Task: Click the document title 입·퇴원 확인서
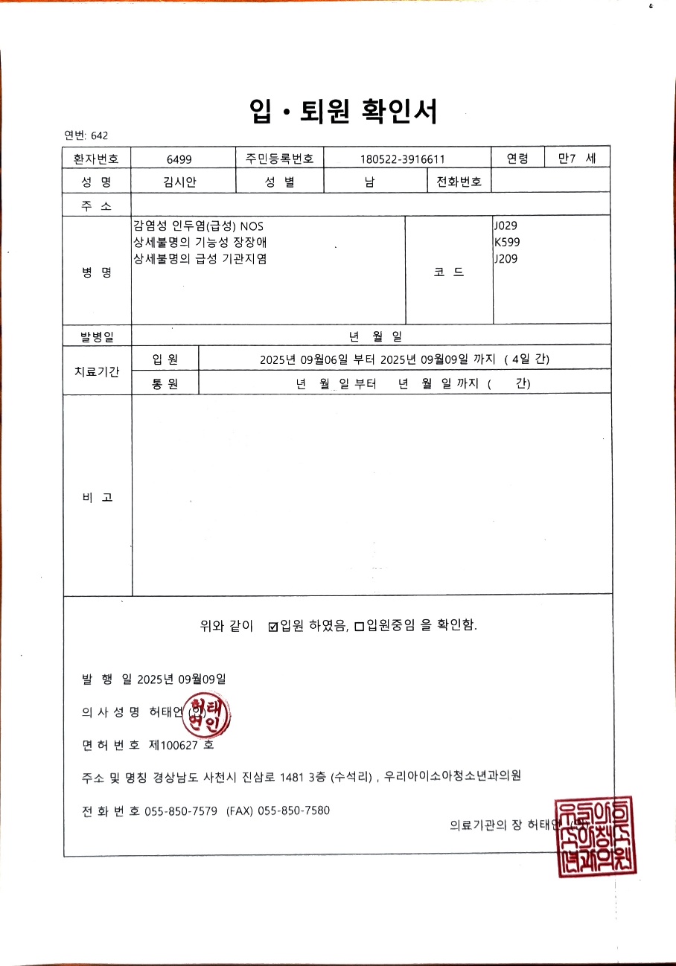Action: [x=343, y=112]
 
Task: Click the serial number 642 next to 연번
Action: [x=100, y=135]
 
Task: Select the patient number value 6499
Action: [x=179, y=159]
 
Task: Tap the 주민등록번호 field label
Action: [x=279, y=159]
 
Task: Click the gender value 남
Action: [x=369, y=182]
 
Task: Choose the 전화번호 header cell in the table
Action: [x=459, y=182]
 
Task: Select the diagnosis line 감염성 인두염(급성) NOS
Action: [x=198, y=225]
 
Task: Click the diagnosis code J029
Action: [x=506, y=225]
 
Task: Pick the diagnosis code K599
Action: [x=506, y=242]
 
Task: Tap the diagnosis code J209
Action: [x=506, y=258]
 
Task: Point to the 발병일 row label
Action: [x=97, y=337]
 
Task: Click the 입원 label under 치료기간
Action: [x=165, y=359]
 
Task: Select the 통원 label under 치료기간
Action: [x=165, y=384]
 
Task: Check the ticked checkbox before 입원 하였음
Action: [x=272, y=627]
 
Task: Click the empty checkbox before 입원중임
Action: [x=359, y=627]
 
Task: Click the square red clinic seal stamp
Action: [x=596, y=836]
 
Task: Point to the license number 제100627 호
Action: [x=182, y=744]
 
